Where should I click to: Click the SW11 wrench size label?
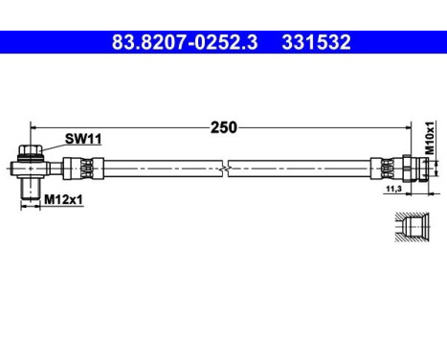[x=82, y=139]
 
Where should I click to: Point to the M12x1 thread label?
[x=63, y=199]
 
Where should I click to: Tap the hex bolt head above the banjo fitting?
[x=30, y=150]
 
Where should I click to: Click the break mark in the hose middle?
[x=224, y=170]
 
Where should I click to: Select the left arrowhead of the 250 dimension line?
[x=34, y=126]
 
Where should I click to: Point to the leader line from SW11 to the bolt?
[x=52, y=145]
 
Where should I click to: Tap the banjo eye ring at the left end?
[x=31, y=169]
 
